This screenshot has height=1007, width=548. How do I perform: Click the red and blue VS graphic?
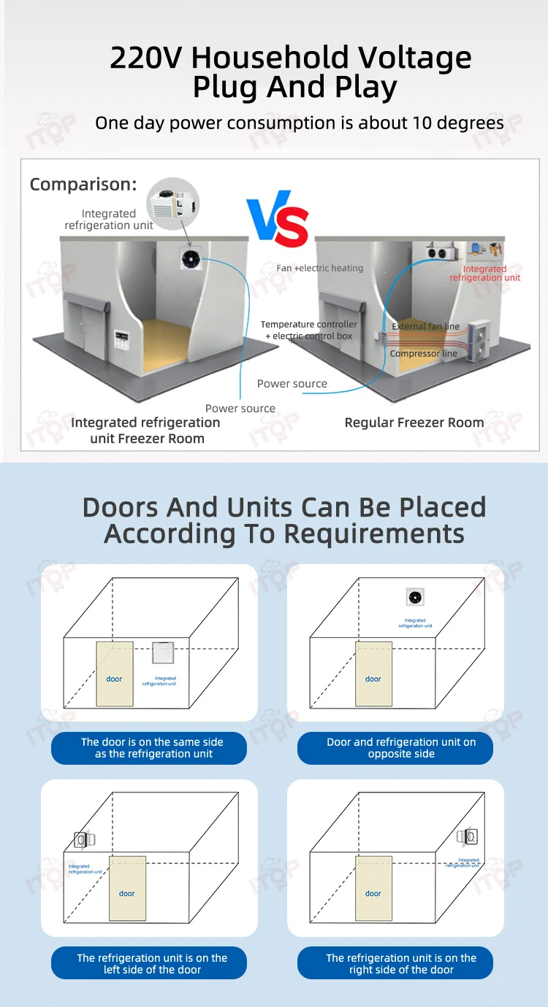pos(278,221)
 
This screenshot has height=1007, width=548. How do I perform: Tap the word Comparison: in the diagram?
pos(83,185)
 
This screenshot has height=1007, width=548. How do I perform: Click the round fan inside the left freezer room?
pos(192,258)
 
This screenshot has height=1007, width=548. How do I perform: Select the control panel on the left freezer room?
pos(121,340)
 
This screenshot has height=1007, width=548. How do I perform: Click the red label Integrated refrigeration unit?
pos(485,274)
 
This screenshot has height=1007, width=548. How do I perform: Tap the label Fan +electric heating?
pos(319,269)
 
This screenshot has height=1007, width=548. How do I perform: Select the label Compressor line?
pos(424,354)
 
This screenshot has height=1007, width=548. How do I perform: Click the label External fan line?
pos(426,327)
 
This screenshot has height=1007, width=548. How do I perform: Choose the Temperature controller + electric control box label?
pos(308,330)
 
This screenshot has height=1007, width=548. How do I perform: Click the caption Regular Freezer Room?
pos(414,423)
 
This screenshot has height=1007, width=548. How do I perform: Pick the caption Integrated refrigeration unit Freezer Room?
pos(146,431)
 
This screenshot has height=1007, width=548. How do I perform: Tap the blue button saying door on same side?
pos(149,748)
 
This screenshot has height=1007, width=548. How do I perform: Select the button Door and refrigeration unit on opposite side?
pos(395,748)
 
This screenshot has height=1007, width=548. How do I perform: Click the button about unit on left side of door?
pos(149,963)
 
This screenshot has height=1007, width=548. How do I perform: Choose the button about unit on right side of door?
pos(395,963)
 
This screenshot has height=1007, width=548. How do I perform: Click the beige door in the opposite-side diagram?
pos(373,674)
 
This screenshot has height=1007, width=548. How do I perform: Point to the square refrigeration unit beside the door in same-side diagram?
pos(162,652)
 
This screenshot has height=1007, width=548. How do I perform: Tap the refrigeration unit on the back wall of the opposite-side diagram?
pos(415,598)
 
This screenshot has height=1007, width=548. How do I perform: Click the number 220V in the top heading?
pos(147,58)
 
